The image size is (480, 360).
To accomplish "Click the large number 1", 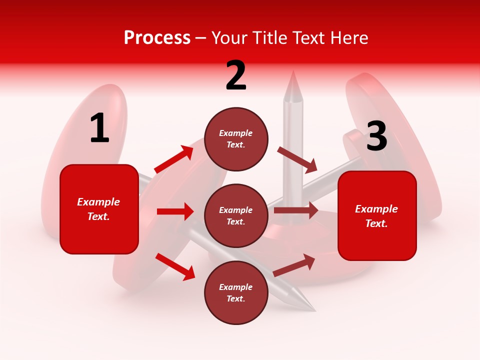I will [x=99, y=128].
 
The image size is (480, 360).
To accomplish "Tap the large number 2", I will [x=236, y=76].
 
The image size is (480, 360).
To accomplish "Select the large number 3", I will [x=376, y=136].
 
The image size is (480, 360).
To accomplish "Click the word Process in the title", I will [x=157, y=37].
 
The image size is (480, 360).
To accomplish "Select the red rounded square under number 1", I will [x=99, y=209].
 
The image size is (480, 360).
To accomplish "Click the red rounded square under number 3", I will [x=377, y=215].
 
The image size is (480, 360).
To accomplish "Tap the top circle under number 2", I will [x=236, y=139].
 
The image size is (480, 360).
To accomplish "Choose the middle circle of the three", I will [x=236, y=215].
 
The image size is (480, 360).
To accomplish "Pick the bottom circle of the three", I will [x=236, y=292].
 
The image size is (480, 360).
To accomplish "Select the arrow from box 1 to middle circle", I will [x=175, y=211].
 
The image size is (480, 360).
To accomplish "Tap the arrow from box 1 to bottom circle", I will [x=175, y=266].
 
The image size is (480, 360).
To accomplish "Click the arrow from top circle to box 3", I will [x=297, y=159].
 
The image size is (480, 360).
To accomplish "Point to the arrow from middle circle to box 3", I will [x=295, y=210].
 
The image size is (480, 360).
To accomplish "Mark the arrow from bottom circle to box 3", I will [x=294, y=265].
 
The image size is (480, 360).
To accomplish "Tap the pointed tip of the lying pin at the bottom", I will [x=313, y=309].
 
